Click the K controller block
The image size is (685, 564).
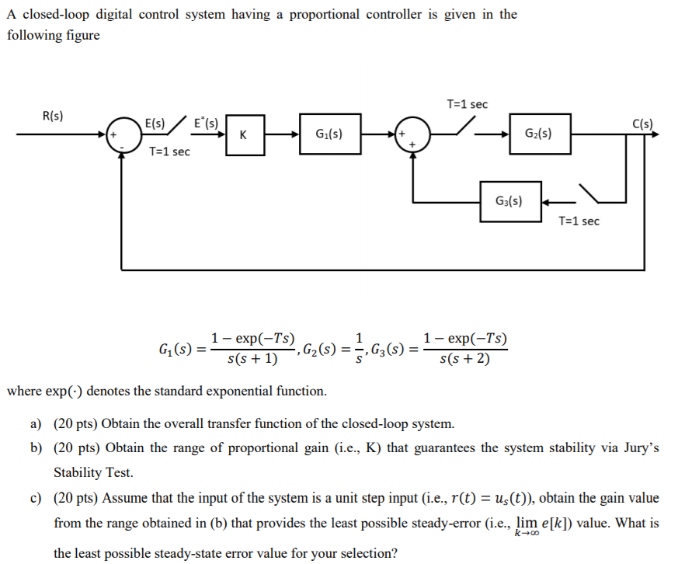pos(244,135)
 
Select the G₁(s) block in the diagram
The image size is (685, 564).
pos(325,134)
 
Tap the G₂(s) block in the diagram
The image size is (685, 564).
pos(538,133)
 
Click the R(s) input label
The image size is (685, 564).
pos(53,117)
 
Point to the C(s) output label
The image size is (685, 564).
pos(643,124)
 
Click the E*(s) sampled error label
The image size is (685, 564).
pos(206,123)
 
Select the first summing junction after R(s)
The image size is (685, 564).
pos(121,134)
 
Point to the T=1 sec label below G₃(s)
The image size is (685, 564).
pos(579,221)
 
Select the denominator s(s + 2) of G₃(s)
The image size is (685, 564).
pos(464,359)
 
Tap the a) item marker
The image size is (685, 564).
pos(36,424)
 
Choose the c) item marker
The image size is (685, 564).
pos(36,498)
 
